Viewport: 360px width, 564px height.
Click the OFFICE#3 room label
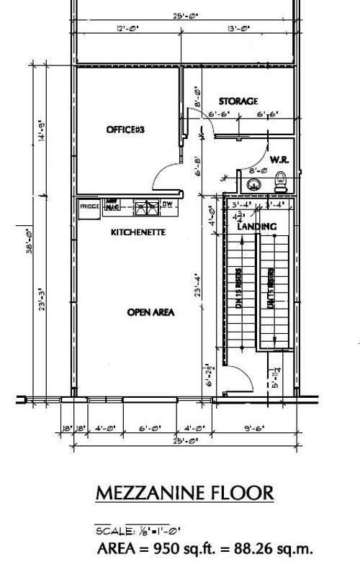126,129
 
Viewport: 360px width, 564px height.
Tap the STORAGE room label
238,101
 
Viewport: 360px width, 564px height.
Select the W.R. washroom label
279,158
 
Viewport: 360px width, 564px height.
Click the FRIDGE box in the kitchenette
89,206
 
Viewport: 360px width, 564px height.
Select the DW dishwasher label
167,204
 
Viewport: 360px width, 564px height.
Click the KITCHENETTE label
138,233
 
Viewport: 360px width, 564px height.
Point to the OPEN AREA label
131,311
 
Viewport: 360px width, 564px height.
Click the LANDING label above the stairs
257,227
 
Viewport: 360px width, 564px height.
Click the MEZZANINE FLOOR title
184,493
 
